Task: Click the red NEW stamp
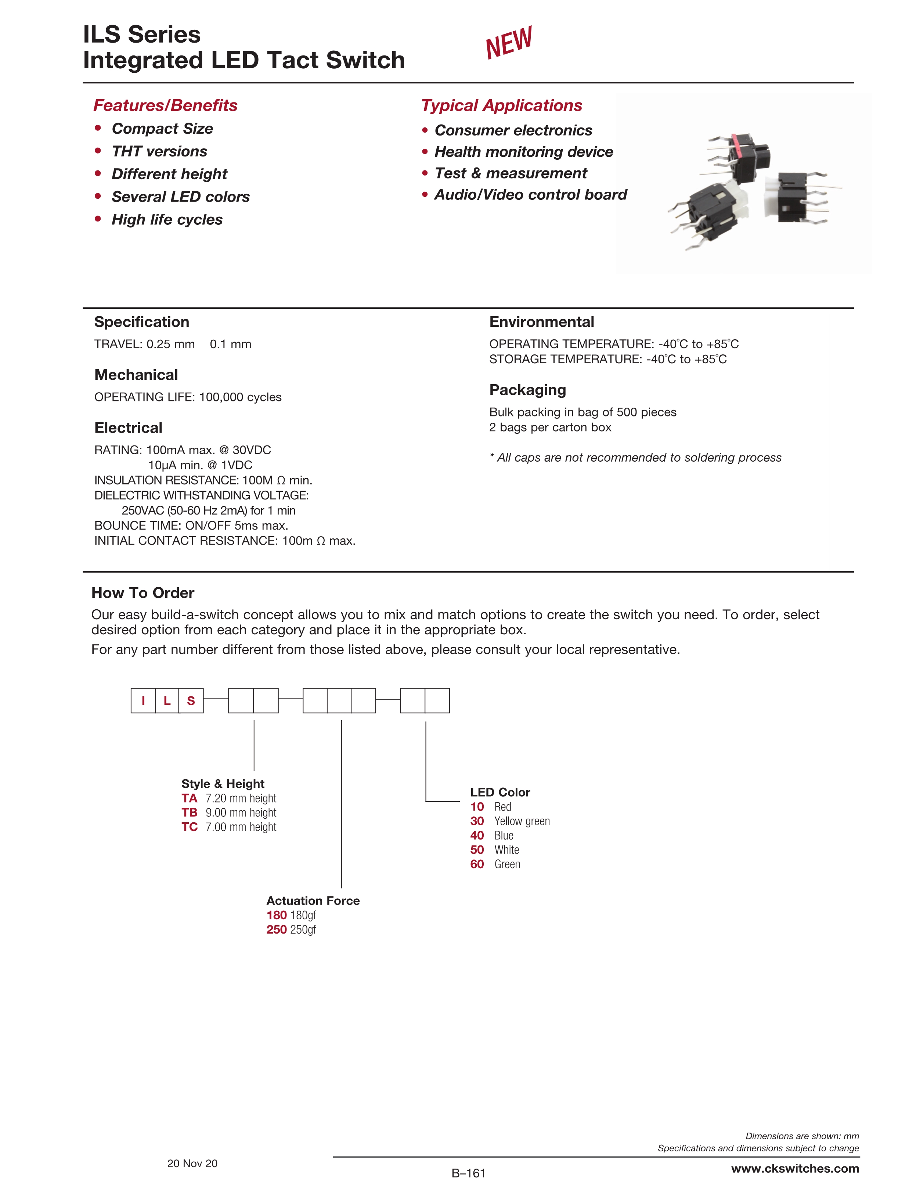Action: point(509,42)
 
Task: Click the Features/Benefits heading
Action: point(165,105)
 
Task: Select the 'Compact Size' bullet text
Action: point(162,129)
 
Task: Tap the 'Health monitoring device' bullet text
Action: point(523,152)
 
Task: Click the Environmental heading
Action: point(541,322)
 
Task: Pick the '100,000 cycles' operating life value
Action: point(240,397)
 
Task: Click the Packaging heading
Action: point(527,390)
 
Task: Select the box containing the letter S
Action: point(191,701)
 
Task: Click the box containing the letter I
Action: point(143,701)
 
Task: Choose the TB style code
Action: point(190,812)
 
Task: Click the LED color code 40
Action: point(477,836)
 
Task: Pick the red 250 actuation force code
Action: point(276,930)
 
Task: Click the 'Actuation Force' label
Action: point(313,901)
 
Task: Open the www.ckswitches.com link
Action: point(795,1169)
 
